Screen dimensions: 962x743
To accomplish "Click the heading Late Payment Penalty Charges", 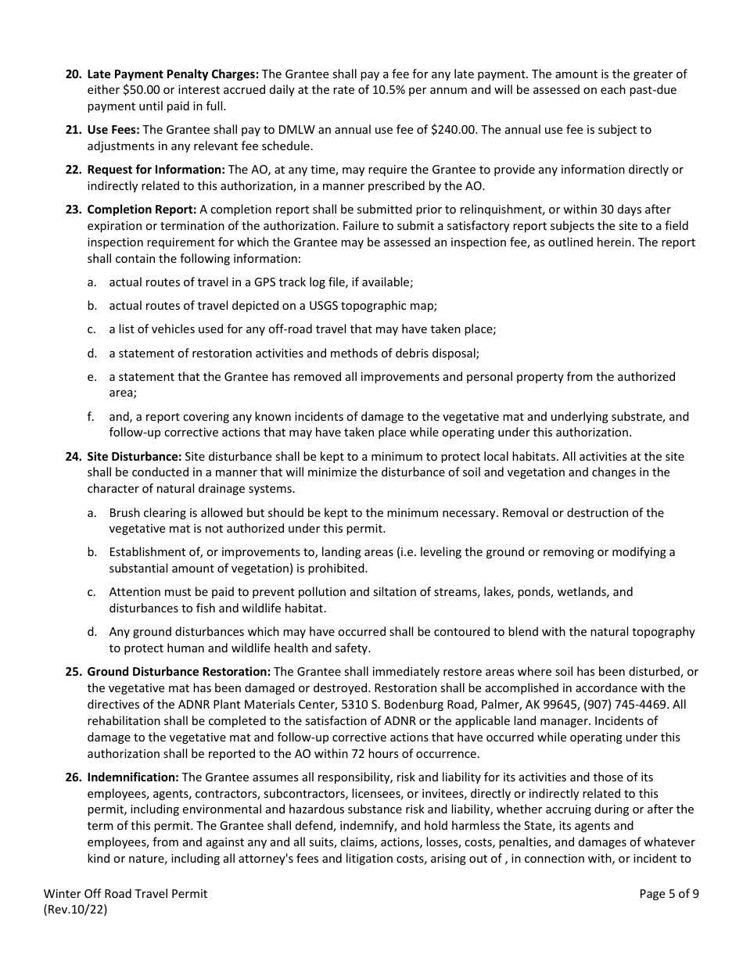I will pos(172,74).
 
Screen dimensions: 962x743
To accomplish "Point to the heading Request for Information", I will pos(156,170).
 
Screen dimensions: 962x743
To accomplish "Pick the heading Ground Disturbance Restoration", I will pos(178,672).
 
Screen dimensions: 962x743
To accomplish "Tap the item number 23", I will pos(73,210).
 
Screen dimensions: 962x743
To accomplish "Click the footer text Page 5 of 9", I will pos(669,894).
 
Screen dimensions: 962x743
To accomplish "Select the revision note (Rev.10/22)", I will pos(76,910).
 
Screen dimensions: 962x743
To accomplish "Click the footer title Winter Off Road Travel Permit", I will pos(126,894).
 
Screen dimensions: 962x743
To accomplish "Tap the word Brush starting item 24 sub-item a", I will pos(125,513).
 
